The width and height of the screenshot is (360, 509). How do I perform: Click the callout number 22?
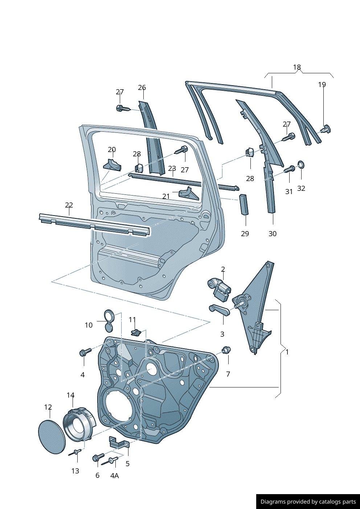pyautogui.click(x=69, y=205)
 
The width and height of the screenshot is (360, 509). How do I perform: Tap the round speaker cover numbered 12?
pyautogui.click(x=52, y=436)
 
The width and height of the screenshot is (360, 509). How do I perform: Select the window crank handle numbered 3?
pyautogui.click(x=220, y=311)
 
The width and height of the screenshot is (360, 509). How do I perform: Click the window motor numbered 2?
pyautogui.click(x=219, y=289)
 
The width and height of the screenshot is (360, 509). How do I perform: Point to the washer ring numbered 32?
pyautogui.click(x=301, y=165)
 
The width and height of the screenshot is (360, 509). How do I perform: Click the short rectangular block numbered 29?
pyautogui.click(x=244, y=205)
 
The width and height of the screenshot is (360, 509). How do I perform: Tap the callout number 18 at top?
pyautogui.click(x=297, y=67)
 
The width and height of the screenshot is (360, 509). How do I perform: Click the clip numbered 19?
pyautogui.click(x=326, y=129)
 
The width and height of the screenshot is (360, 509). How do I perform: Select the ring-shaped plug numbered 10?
pyautogui.click(x=109, y=316)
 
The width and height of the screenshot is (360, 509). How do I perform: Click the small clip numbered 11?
pyautogui.click(x=136, y=332)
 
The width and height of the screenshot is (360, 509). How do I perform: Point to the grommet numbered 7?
pyautogui.click(x=227, y=350)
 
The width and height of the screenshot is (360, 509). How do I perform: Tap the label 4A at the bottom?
pyautogui.click(x=114, y=476)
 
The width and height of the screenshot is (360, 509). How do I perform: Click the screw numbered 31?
pyautogui.click(x=290, y=169)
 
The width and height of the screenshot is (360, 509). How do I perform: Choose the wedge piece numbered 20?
pyautogui.click(x=112, y=165)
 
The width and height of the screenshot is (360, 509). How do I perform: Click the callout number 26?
pyautogui.click(x=142, y=88)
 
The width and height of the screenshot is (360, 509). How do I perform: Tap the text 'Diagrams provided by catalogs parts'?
pyautogui.click(x=308, y=502)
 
